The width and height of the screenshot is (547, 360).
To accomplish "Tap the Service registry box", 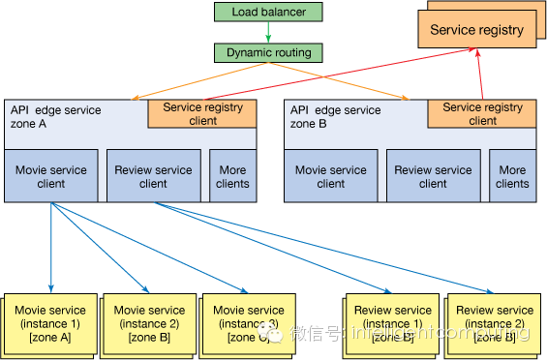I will [476, 30].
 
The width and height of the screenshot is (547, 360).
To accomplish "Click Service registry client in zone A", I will [202, 113].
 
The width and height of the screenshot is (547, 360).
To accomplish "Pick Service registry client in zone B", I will [483, 113].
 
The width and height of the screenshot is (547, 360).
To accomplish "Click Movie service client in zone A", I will [51, 176].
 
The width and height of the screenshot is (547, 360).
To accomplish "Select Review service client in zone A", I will [153, 176].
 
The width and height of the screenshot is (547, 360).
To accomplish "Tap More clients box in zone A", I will [232, 176].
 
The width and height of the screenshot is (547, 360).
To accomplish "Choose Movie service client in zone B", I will [330, 176].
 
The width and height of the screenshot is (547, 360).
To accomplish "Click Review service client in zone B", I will [433, 176].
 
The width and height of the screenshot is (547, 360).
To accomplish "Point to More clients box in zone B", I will [512, 176].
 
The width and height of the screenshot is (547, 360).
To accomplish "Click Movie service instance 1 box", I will [50, 323].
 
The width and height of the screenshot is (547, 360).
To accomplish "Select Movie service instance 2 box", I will [149, 323].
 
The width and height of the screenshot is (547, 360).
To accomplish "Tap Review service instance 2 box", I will [495, 323].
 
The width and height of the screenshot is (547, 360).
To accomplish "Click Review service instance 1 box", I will [392, 323].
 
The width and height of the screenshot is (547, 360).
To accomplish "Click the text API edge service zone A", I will [54, 117].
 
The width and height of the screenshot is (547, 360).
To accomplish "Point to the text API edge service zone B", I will [334, 117].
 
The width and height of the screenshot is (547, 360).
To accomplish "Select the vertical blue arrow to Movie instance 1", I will [50, 247].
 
